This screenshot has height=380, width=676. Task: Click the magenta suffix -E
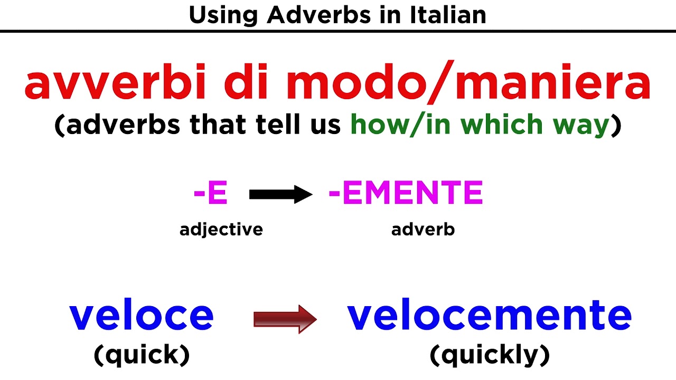[x=211, y=194]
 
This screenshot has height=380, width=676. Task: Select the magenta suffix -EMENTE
[x=406, y=194]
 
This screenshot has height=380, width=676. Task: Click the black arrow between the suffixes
[x=280, y=195]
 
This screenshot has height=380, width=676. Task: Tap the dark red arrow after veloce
[x=285, y=319]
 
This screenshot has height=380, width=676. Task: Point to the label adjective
[x=221, y=230]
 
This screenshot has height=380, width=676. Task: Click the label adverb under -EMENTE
[x=423, y=230]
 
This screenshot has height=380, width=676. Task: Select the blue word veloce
[x=142, y=315]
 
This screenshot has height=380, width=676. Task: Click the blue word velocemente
[x=489, y=315]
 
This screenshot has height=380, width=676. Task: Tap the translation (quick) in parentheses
[x=142, y=355]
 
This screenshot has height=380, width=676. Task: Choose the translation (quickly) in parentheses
[x=490, y=356]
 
